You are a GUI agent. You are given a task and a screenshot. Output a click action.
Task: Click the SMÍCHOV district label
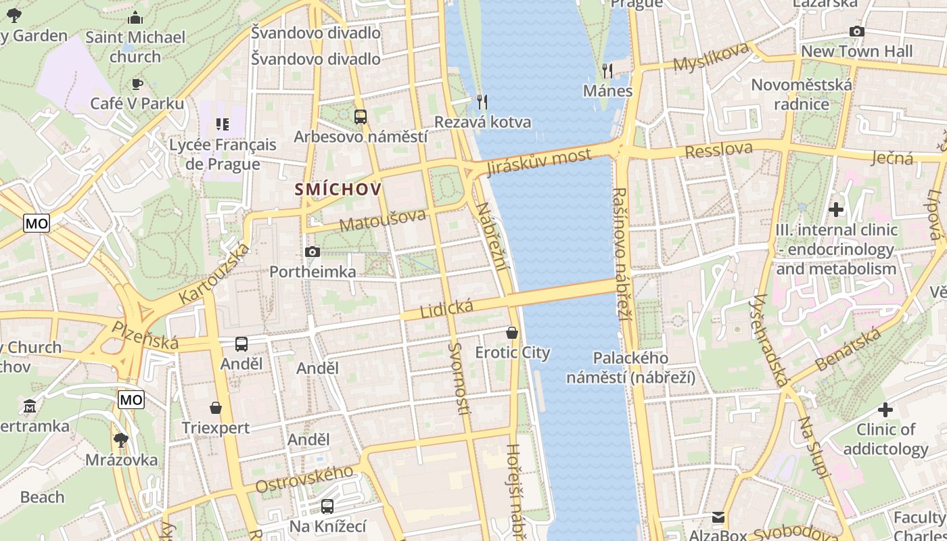[338, 189]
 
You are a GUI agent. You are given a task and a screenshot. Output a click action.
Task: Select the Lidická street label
[446, 309]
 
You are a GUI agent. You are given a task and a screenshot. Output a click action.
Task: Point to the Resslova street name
[718, 150]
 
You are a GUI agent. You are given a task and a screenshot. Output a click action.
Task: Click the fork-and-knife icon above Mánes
[607, 70]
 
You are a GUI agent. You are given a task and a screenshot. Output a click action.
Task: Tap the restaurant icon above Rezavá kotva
[482, 102]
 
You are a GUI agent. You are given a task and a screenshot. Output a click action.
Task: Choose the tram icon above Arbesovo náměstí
[360, 117]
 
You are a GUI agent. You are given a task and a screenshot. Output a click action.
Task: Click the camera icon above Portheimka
[312, 252]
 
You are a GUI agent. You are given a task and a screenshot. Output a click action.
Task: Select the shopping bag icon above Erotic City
[512, 333]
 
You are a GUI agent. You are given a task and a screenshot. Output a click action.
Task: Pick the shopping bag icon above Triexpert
[215, 408]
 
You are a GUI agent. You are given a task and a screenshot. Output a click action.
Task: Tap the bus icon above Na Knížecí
[327, 506]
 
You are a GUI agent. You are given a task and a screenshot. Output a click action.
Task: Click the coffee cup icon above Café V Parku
[137, 84]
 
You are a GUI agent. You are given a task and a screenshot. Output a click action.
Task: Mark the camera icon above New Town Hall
[856, 31]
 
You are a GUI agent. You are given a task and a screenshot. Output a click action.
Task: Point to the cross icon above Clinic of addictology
[885, 410]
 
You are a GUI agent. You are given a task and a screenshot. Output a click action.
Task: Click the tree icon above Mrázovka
[121, 440]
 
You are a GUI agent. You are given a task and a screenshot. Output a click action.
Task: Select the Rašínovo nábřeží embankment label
[620, 254]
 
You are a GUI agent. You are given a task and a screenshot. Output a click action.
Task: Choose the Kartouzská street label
[214, 274]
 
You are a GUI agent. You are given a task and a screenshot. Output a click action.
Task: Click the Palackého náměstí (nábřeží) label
[630, 368]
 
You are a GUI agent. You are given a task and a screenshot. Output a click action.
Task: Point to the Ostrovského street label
[304, 479]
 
